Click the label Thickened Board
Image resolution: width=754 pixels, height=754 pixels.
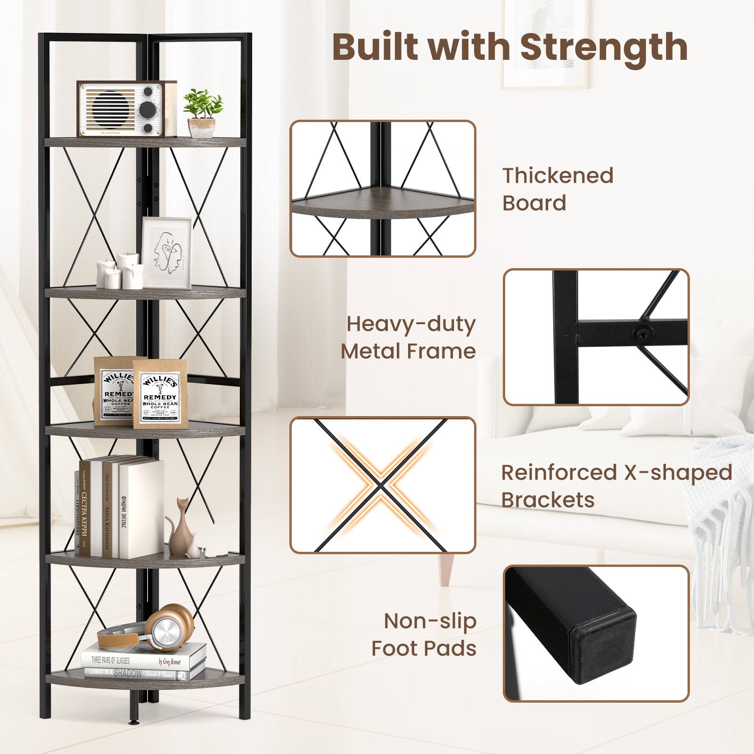557,189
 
